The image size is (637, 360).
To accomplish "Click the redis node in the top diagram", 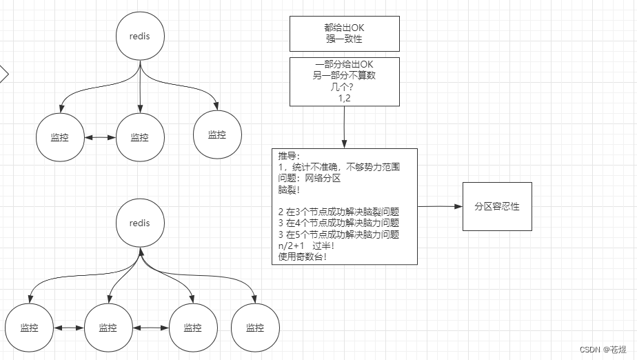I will coord(140,35).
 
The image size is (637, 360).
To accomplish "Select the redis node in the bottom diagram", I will coord(140,223).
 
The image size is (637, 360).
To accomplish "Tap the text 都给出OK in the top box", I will coord(344,28).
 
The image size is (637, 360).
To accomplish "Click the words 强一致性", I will coord(344,39).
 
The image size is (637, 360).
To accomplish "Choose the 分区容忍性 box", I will coord(497,206).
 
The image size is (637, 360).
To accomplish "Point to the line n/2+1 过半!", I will coord(305,246).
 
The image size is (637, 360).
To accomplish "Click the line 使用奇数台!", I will coord(302,257).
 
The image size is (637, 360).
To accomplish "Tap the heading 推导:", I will coord(290,156).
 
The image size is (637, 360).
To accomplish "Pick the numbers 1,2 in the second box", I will coord(344,99).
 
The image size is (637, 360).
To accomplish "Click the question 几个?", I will coord(344,87).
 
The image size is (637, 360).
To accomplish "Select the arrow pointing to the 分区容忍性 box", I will coord(441,206).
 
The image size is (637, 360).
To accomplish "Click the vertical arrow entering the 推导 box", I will coord(344,128).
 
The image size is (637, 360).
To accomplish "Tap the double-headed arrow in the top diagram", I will coord(100,137).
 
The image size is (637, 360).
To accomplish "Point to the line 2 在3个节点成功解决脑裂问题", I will coord(338,212).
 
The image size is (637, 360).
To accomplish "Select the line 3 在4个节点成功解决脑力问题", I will coord(338,223).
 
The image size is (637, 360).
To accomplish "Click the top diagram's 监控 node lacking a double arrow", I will coord(217,134).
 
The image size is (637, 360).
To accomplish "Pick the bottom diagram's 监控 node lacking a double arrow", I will coord(255,328).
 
